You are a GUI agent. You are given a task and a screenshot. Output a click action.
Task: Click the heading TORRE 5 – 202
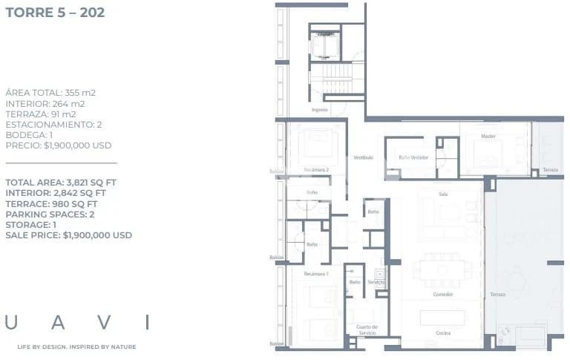[x=55, y=13]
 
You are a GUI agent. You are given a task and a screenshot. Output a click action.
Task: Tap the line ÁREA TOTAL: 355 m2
[x=50, y=93]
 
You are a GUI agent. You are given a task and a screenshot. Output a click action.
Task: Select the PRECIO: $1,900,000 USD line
[x=59, y=145]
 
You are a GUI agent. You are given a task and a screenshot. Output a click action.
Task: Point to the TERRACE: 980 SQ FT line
[x=51, y=203]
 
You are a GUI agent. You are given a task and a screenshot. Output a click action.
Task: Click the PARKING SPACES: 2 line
[x=50, y=215]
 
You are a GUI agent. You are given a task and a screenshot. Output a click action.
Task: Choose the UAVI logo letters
[x=77, y=322]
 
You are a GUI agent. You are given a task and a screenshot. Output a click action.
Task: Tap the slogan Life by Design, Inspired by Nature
[x=76, y=347]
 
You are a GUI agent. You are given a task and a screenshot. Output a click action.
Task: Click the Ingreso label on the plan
[x=319, y=110]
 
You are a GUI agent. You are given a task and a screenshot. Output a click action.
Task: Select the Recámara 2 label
[x=316, y=170]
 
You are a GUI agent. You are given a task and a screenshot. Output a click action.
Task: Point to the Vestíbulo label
[x=363, y=157]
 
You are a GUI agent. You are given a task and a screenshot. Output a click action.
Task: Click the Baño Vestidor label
[x=413, y=157]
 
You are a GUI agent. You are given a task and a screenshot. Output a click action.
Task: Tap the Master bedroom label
[x=488, y=137]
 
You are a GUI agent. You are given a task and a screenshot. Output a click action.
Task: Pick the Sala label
[x=443, y=194]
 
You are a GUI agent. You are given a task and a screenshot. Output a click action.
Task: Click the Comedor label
[x=443, y=295]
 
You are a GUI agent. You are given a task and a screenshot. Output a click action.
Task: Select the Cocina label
[x=442, y=333]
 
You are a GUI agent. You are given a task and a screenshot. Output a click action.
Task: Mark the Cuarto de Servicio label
[x=367, y=330]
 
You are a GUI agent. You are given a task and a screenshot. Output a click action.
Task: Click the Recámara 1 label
[x=315, y=275]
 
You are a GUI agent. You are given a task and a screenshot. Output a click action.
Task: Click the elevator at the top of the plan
[x=324, y=46]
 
